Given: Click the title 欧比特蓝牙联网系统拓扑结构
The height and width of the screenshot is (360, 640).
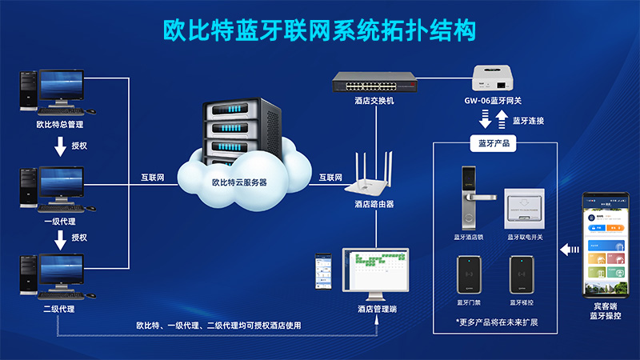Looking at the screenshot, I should coord(320,30).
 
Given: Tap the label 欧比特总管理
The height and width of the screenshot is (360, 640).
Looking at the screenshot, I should coord(60,124).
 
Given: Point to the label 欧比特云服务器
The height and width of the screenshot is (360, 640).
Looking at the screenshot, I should coord(239,182).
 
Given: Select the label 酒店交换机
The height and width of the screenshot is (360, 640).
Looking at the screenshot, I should coord(374,101).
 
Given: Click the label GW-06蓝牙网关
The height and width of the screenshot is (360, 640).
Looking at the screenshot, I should coord(493,102).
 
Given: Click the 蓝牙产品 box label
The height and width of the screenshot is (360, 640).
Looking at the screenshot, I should coord(494,143).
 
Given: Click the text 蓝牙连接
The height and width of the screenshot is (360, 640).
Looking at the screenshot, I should coord(528,121).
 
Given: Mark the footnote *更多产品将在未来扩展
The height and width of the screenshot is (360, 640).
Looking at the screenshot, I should coord(497,322).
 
